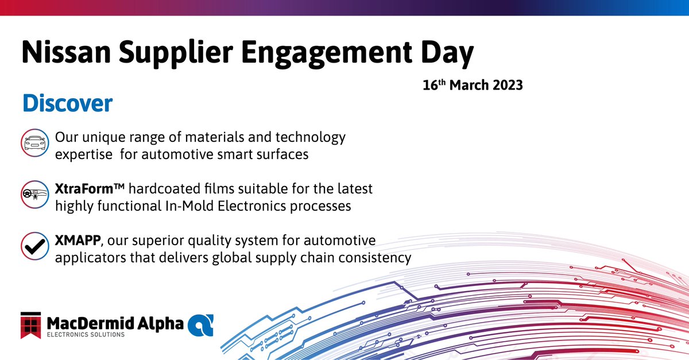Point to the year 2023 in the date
pyautogui.click(x=505, y=86)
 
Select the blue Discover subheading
pyautogui.click(x=67, y=104)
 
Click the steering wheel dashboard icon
pyautogui.click(x=34, y=195)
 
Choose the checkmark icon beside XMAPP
pyautogui.click(x=34, y=246)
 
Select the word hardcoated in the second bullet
pyautogui.click(x=174, y=189)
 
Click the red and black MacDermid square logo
pyautogui.click(x=33, y=326)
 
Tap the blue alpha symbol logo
pyautogui.click(x=201, y=324)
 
